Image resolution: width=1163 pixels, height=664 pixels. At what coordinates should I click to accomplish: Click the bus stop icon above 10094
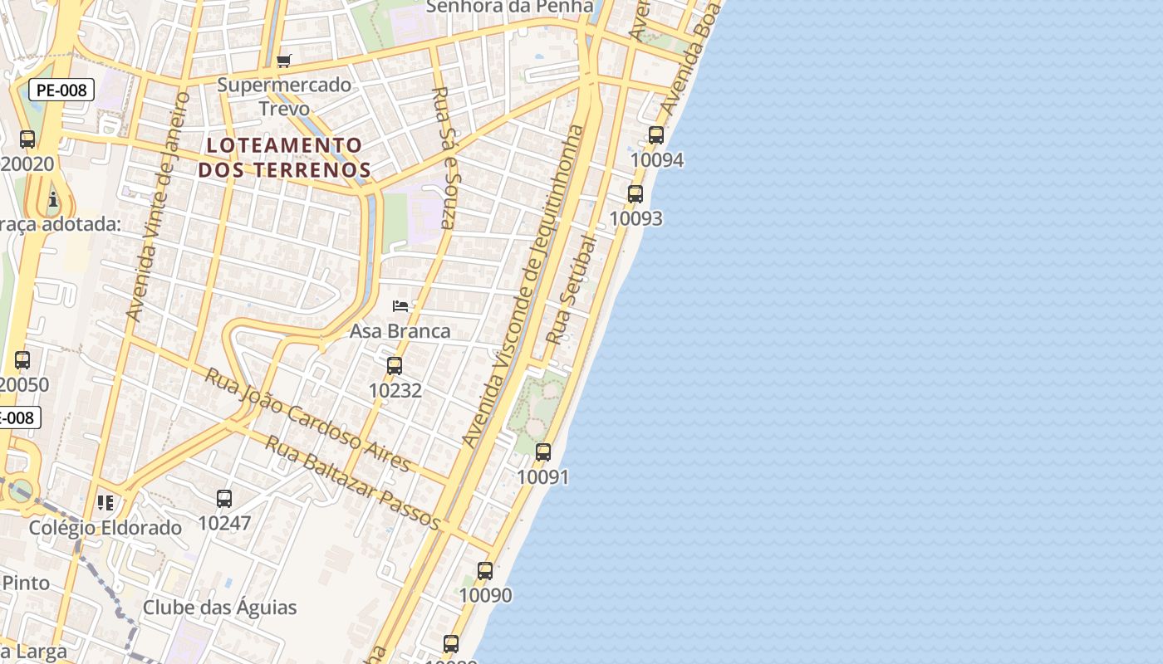(656, 134)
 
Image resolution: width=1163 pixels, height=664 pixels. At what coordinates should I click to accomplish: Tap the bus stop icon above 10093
(635, 194)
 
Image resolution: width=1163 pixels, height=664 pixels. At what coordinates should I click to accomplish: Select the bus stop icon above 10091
(543, 452)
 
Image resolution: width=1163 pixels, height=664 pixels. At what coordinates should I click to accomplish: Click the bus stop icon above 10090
(485, 571)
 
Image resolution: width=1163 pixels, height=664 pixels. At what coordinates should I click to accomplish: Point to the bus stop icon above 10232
(395, 365)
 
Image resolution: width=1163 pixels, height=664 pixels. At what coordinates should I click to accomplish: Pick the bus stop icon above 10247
(224, 499)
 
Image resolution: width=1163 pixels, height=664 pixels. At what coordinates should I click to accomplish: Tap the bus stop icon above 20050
(22, 360)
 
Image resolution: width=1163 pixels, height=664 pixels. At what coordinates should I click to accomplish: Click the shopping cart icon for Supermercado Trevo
(284, 61)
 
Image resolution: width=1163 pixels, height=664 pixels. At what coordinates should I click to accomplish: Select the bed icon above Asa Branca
(400, 306)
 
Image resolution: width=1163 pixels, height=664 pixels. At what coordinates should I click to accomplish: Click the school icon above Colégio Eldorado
(106, 503)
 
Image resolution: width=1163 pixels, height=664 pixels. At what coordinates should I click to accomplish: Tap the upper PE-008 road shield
(62, 90)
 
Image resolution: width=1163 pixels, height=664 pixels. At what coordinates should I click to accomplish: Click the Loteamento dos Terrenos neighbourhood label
(284, 158)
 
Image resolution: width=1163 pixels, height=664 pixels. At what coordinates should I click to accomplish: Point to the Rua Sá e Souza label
(444, 157)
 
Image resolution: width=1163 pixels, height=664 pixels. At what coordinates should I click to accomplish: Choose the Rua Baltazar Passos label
(353, 482)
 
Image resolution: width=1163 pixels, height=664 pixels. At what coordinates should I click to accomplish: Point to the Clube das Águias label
(219, 608)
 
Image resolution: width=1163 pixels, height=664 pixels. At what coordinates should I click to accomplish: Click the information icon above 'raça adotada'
(54, 199)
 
